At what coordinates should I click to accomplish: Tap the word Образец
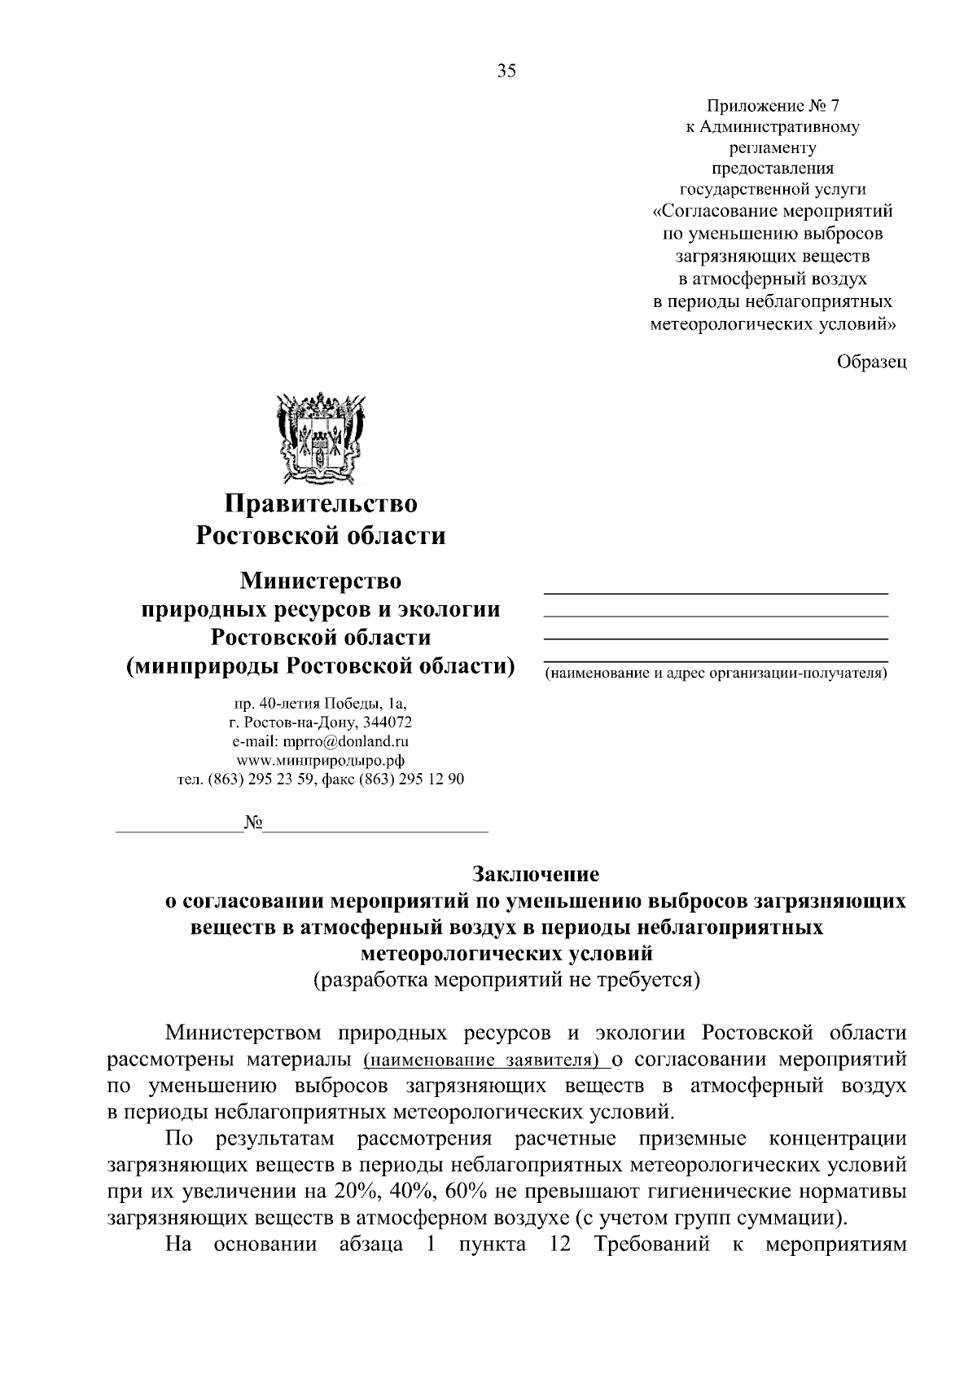(x=872, y=362)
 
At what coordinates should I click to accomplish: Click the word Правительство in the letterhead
(x=321, y=503)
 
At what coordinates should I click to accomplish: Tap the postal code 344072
(x=387, y=722)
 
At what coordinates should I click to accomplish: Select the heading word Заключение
(x=536, y=874)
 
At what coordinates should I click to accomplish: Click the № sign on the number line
(x=252, y=823)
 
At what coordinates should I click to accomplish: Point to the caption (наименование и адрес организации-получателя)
(x=716, y=674)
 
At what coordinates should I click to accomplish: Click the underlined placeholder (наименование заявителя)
(x=486, y=1060)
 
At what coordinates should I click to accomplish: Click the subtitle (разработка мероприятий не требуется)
(x=507, y=979)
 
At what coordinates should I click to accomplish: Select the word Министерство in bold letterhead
(x=321, y=582)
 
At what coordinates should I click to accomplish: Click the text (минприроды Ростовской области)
(x=321, y=665)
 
